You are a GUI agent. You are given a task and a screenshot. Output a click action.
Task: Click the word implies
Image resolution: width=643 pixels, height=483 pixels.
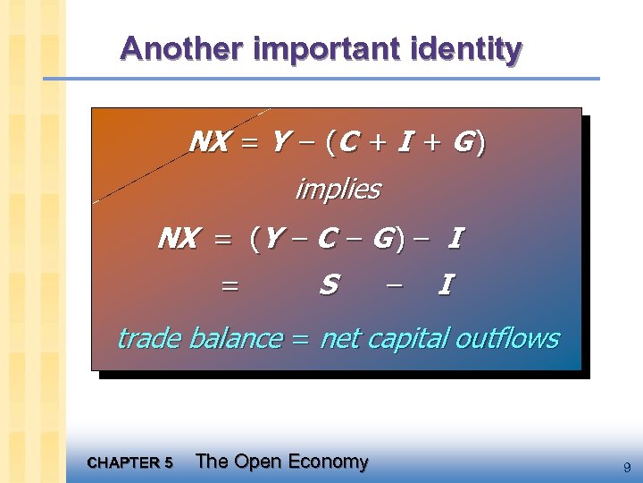tap(338, 190)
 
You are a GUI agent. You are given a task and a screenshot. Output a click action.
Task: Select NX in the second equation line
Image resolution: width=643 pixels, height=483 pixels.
tap(177, 239)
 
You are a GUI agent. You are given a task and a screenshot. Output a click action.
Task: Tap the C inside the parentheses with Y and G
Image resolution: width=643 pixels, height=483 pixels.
tap(327, 239)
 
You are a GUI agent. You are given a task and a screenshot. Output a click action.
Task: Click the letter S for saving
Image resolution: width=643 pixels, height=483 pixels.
tap(329, 285)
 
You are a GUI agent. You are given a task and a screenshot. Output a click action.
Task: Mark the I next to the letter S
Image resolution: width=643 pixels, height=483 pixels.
tap(445, 285)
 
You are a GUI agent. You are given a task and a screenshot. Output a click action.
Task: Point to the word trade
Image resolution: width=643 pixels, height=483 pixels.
tap(149, 338)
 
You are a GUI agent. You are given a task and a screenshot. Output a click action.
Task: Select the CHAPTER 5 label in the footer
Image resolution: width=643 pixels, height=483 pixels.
tap(130, 463)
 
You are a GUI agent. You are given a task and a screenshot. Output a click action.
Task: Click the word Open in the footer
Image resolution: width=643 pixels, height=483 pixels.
tap(260, 462)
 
